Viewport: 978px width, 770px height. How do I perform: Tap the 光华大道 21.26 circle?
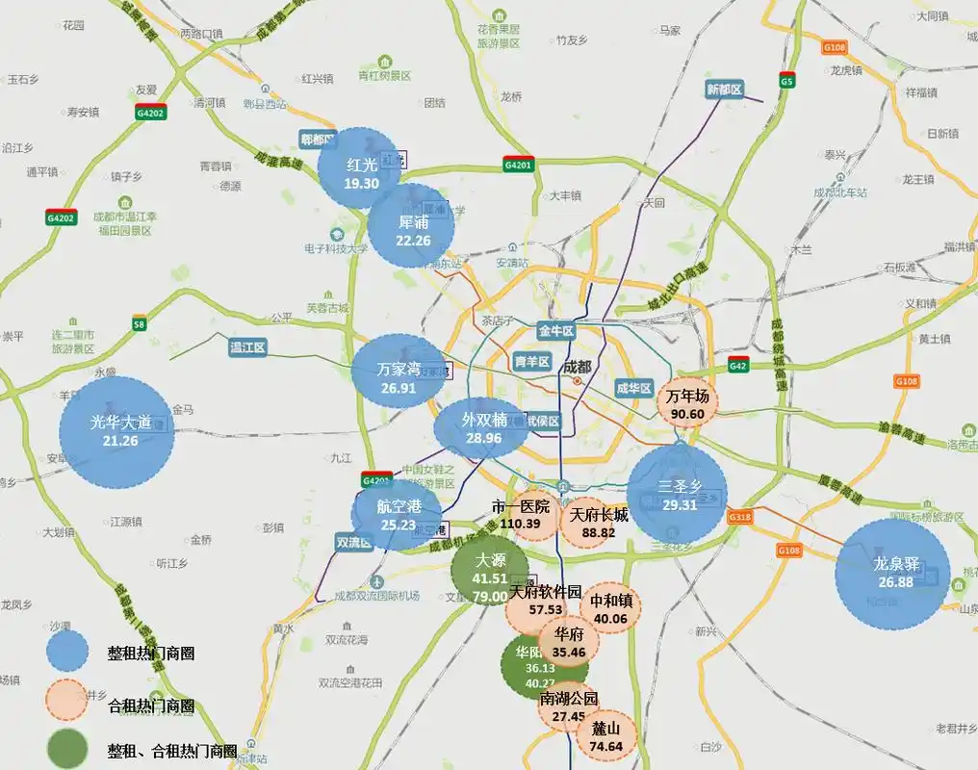(x=116, y=432)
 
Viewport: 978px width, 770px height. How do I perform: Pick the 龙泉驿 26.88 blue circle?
(x=892, y=575)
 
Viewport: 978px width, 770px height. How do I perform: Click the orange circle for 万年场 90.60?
(x=687, y=401)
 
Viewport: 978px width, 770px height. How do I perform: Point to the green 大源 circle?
(x=490, y=570)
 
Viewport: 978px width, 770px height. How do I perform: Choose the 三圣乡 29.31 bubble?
(x=678, y=494)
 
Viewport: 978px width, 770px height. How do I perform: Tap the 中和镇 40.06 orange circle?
(x=609, y=609)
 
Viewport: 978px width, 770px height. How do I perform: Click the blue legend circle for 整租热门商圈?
(x=72, y=653)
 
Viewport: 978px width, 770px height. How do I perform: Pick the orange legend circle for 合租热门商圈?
(x=72, y=706)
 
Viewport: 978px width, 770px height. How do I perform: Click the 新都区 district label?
(x=725, y=90)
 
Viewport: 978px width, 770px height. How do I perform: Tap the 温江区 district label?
(x=246, y=347)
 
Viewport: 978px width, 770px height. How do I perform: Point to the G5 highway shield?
(x=786, y=81)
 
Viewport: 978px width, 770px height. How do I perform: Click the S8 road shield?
(x=141, y=323)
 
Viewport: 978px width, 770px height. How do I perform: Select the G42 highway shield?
(x=738, y=366)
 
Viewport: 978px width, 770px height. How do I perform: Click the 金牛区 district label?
(x=555, y=331)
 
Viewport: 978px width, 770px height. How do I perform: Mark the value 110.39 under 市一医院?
(x=520, y=524)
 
